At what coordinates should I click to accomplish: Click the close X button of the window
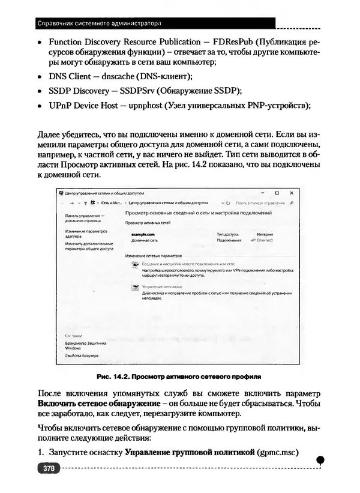[x=291, y=193]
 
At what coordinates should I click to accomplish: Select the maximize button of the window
[x=277, y=193]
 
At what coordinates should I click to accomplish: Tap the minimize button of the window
[x=261, y=193]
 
